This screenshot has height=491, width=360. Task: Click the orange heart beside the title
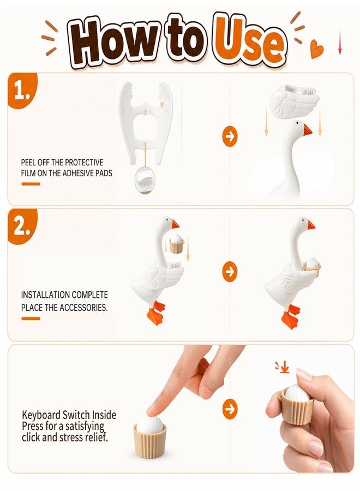tap(317, 49)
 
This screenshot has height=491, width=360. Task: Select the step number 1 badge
tap(20, 91)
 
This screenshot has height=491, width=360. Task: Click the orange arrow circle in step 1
tap(230, 136)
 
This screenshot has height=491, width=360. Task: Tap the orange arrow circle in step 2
tap(230, 272)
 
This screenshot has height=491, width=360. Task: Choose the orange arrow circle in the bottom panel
tap(230, 409)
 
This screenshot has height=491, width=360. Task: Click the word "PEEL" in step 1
tap(28, 162)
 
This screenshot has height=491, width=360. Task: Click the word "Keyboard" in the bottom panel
tap(41, 415)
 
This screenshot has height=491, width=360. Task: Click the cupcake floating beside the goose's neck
tap(176, 243)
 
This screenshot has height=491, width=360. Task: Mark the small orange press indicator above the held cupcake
tap(283, 367)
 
